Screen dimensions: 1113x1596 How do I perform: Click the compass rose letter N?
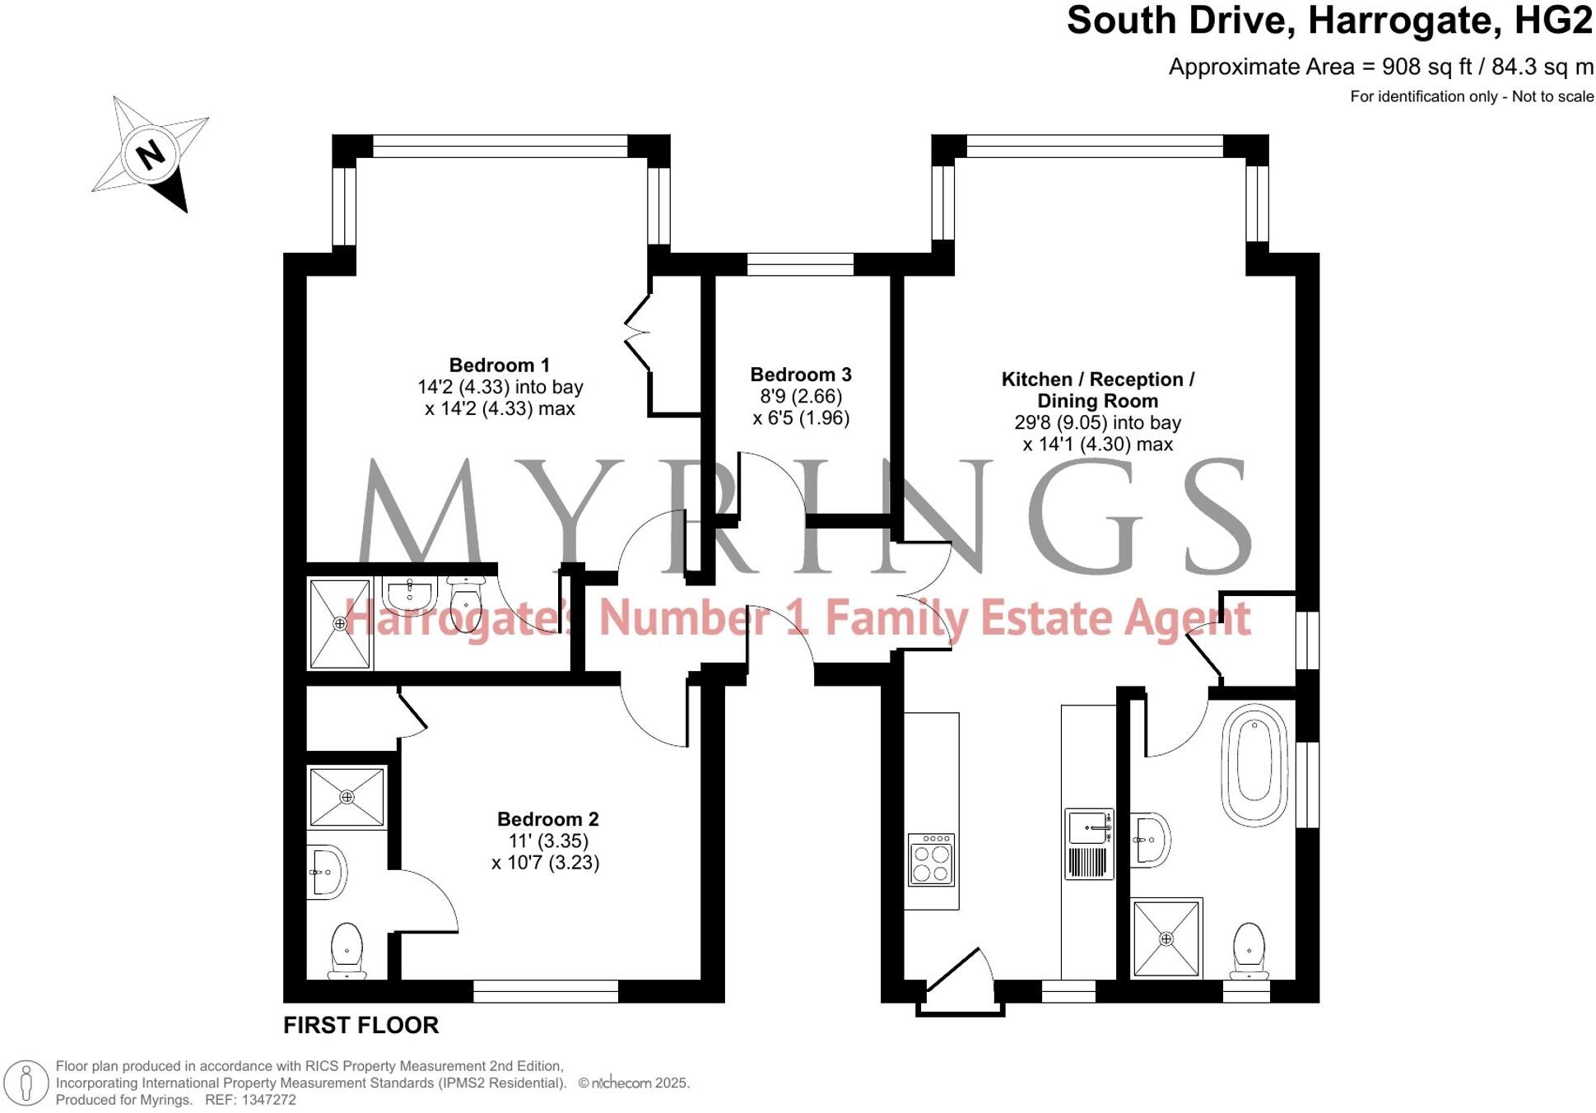coord(150,155)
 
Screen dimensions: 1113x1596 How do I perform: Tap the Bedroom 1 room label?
coord(499,366)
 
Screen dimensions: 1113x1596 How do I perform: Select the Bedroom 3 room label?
coord(800,375)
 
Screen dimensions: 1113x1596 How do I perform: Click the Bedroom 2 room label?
coord(547,819)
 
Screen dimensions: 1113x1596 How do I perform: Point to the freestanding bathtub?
coord(1254,764)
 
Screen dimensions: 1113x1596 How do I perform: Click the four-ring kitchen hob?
coord(931,859)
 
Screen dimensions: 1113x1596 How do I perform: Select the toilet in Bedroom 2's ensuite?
coord(347,950)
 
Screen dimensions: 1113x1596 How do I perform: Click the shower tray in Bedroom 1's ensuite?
coord(340,623)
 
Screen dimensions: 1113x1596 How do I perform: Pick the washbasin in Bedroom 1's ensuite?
coord(410,594)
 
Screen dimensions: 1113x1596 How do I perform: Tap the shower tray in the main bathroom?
coord(1166,938)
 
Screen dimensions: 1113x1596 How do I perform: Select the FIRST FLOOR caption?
coord(361,1025)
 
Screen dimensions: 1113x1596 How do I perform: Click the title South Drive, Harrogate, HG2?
coord(1328,21)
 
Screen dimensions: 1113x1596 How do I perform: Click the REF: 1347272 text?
coord(250,1100)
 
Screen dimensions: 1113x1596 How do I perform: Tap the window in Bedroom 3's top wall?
coord(800,264)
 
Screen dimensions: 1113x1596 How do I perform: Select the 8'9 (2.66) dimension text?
coord(800,397)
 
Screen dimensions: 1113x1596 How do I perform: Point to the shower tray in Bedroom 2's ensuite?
coord(347,797)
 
